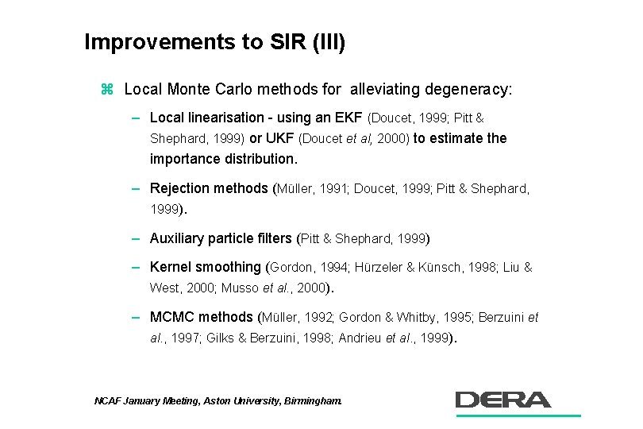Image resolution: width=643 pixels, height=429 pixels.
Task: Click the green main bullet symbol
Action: coord(108,89)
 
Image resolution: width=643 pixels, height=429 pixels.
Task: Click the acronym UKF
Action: coord(280,138)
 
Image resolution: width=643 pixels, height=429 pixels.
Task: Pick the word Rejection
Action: coord(178,188)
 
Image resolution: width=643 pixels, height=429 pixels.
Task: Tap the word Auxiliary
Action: coord(178,238)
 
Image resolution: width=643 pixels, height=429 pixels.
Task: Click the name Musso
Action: coord(241,288)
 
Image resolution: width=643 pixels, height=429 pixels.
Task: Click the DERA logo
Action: coord(503,399)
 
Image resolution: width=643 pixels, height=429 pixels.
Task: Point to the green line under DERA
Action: coord(517,415)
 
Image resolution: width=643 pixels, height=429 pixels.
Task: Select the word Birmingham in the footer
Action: coord(312,402)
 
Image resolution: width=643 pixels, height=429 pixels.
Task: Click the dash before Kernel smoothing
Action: coord(137,267)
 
